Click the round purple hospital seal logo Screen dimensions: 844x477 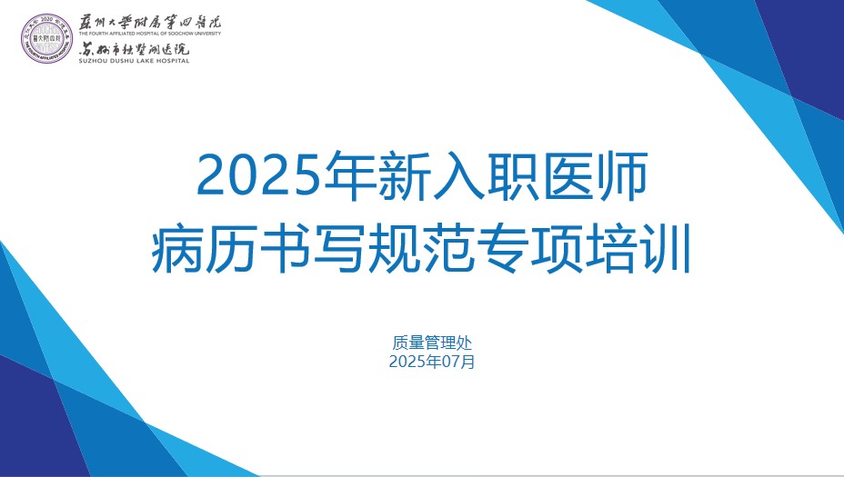click(x=46, y=39)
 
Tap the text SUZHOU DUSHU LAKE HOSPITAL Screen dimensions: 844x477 click(x=134, y=61)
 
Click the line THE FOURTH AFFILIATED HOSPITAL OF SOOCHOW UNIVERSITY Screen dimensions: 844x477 click(x=150, y=34)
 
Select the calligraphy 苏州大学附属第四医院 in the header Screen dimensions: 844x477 click(x=150, y=22)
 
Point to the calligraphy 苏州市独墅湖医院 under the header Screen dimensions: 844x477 click(x=134, y=49)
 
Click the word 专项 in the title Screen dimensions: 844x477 click(x=528, y=249)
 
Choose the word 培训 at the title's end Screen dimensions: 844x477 click(x=637, y=249)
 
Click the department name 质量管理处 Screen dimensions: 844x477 click(x=432, y=343)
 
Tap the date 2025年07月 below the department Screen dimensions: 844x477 click(x=432, y=362)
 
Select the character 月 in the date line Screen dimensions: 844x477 click(x=467, y=362)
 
